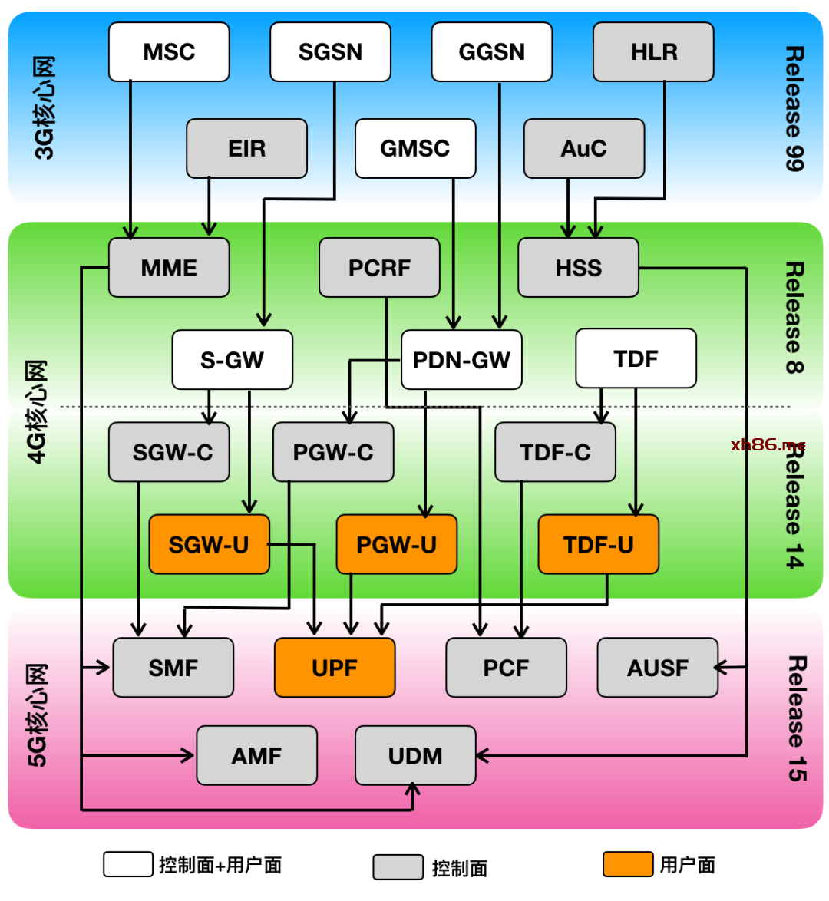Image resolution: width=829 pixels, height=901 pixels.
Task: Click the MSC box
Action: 169,52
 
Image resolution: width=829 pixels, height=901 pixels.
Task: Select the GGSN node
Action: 492,52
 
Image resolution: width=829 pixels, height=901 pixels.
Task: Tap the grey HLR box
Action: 654,52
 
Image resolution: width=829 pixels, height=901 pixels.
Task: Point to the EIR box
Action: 246,148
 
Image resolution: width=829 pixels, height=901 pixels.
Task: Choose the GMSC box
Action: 415,148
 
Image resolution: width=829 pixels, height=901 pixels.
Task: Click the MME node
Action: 169,268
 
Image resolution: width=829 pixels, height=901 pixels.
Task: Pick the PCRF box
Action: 379,268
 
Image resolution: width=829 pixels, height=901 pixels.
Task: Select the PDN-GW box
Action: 461,360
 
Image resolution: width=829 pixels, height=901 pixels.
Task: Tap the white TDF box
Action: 636,358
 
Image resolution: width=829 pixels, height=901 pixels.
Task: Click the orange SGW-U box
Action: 209,544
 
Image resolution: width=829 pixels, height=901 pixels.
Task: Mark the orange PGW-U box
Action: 396,544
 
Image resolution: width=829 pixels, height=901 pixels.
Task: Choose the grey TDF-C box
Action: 555,452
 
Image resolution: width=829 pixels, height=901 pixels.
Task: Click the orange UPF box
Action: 335,668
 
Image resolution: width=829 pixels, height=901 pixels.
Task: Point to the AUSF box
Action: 657,668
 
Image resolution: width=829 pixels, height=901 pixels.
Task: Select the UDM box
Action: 415,756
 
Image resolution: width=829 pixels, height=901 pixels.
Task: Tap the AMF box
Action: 256,756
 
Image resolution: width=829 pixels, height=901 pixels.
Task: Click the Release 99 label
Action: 794,108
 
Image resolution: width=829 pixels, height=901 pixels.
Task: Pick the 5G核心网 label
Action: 38,715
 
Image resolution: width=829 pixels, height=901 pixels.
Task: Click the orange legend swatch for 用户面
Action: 627,864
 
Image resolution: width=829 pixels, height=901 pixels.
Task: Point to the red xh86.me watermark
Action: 768,445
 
